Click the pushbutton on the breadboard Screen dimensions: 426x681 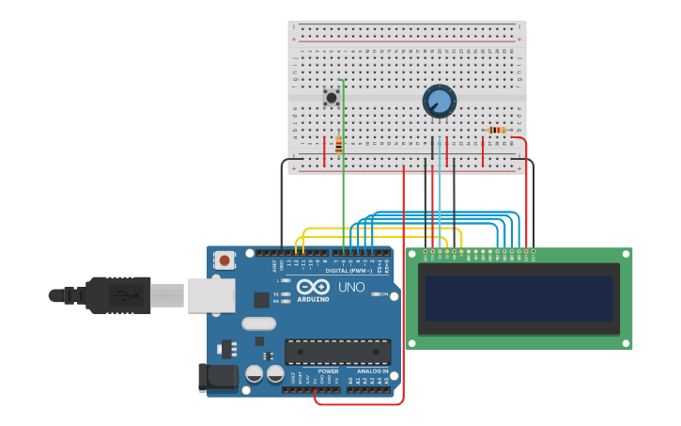point(331,97)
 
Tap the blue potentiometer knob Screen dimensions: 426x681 point(439,101)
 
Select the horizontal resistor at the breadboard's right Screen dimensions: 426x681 point(498,130)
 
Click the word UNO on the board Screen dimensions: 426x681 point(351,287)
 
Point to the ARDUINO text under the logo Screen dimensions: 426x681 point(313,299)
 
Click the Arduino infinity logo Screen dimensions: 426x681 point(313,286)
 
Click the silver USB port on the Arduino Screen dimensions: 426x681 point(210,294)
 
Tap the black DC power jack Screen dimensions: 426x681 point(215,377)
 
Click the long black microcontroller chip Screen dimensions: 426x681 point(337,352)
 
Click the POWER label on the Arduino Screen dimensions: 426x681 point(328,371)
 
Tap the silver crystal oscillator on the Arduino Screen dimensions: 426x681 point(258,323)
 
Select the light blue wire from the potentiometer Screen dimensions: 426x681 point(439,188)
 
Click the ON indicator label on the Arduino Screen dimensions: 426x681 point(384,294)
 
